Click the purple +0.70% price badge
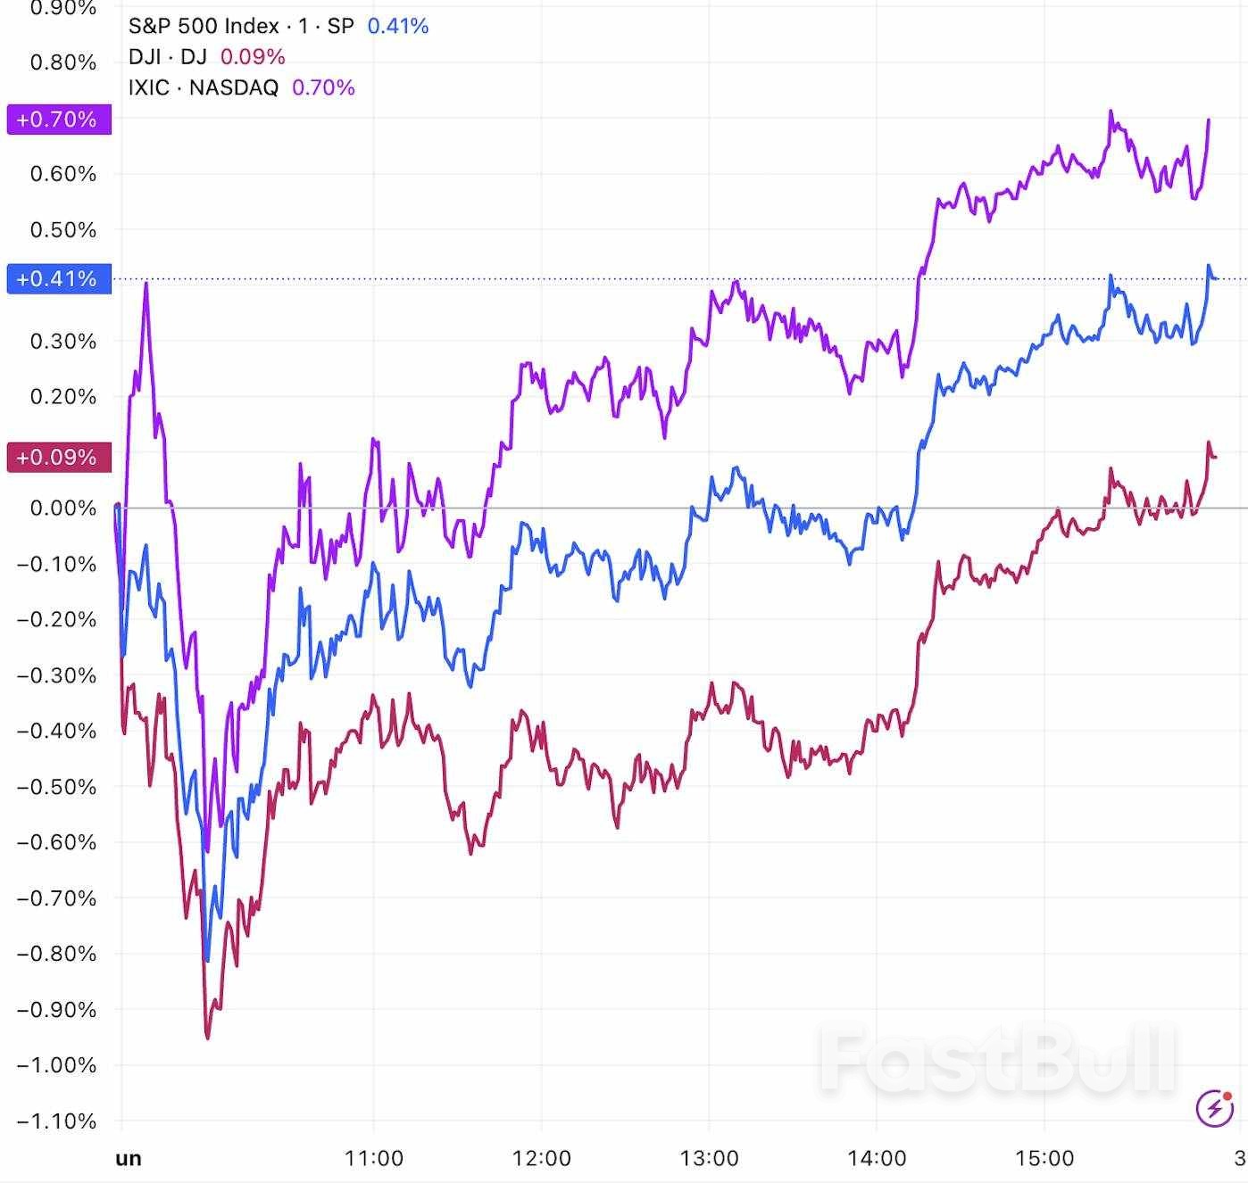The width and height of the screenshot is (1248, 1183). (59, 120)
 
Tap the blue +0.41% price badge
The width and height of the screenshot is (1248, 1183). (59, 279)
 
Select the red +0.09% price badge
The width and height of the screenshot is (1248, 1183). (59, 458)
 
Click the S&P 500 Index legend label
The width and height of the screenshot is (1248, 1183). (241, 26)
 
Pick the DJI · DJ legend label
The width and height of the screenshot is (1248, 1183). (168, 57)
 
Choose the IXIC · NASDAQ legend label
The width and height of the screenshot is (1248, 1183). (204, 87)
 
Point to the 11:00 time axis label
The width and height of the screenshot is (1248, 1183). (374, 1158)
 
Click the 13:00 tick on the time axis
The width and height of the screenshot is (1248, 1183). (710, 1158)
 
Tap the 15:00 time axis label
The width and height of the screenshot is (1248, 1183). (1045, 1158)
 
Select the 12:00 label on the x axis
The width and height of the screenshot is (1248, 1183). (542, 1158)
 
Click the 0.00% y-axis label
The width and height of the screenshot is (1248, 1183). (62, 509)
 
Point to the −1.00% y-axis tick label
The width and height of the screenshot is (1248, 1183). (56, 1065)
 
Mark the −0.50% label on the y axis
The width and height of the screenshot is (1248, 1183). (56, 787)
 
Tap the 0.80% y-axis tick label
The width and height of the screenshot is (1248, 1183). (62, 62)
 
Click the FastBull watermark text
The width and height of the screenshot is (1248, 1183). (997, 1061)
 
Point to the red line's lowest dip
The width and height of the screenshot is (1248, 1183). (208, 1038)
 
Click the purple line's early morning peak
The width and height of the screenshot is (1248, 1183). (146, 284)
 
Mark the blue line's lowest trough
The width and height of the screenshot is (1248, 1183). (207, 960)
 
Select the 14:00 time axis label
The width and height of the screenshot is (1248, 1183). (878, 1158)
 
